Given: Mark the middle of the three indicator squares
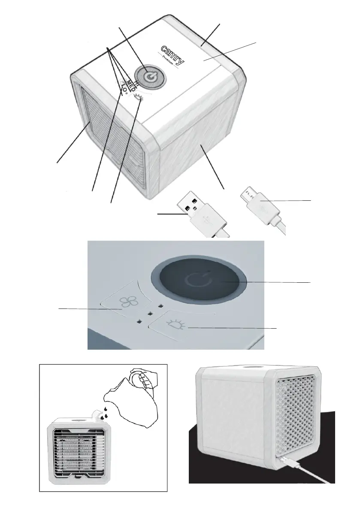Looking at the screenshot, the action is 149,314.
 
